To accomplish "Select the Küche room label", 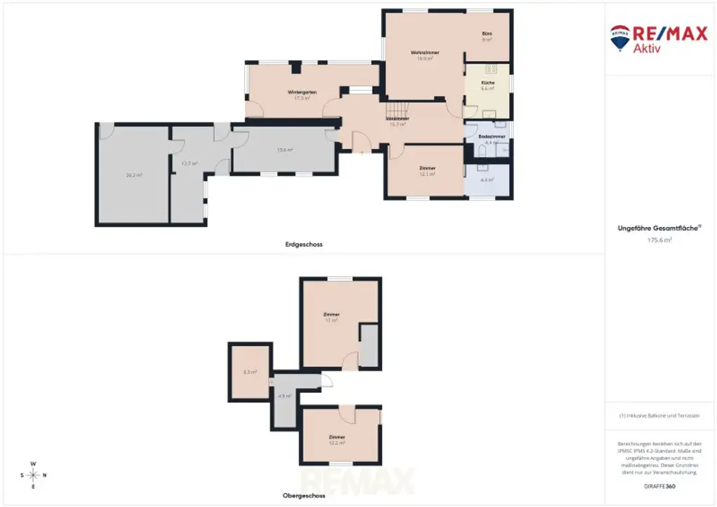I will click(x=487, y=83).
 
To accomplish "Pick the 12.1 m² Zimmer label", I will click(x=427, y=168).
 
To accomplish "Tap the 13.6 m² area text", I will click(x=284, y=150).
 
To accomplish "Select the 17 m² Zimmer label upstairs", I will click(x=331, y=314).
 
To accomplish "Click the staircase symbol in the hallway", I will click(x=397, y=109).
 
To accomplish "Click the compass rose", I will click(x=33, y=475).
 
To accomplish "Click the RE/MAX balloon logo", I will click(x=620, y=37).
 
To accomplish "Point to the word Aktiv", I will click(x=647, y=48).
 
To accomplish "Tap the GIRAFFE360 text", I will click(x=660, y=486).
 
